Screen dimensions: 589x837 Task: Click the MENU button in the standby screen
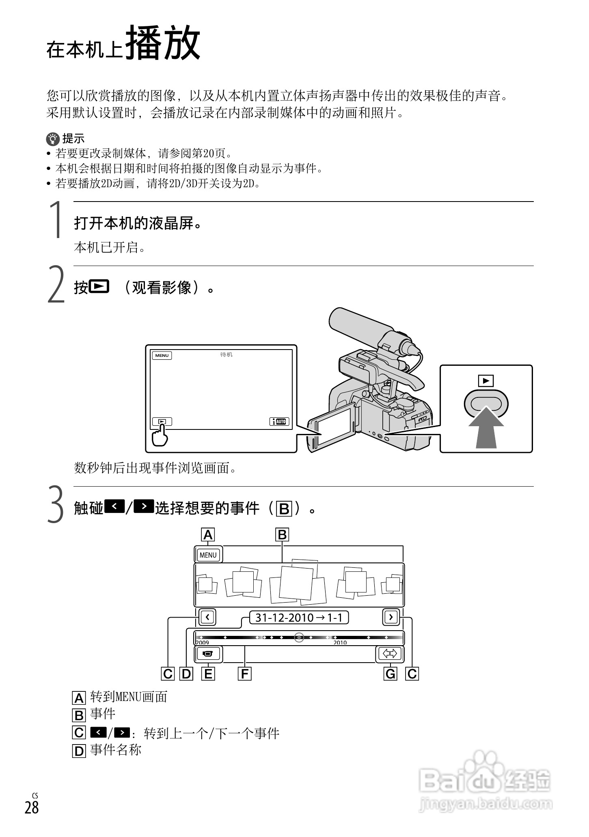point(162,356)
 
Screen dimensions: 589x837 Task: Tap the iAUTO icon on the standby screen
point(279,421)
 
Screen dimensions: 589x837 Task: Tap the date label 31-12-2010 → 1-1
point(299,618)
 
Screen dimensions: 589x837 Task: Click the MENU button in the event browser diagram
point(208,555)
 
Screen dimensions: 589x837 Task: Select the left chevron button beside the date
point(207,618)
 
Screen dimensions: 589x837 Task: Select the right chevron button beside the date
point(391,618)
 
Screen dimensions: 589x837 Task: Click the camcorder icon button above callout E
point(208,654)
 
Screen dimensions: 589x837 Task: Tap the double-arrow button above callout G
point(390,654)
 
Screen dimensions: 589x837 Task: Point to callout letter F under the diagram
point(244,674)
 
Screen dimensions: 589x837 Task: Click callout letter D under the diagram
point(186,674)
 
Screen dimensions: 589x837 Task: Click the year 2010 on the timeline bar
point(340,643)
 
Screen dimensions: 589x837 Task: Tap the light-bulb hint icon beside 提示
point(52,139)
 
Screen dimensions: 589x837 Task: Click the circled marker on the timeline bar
point(299,637)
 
